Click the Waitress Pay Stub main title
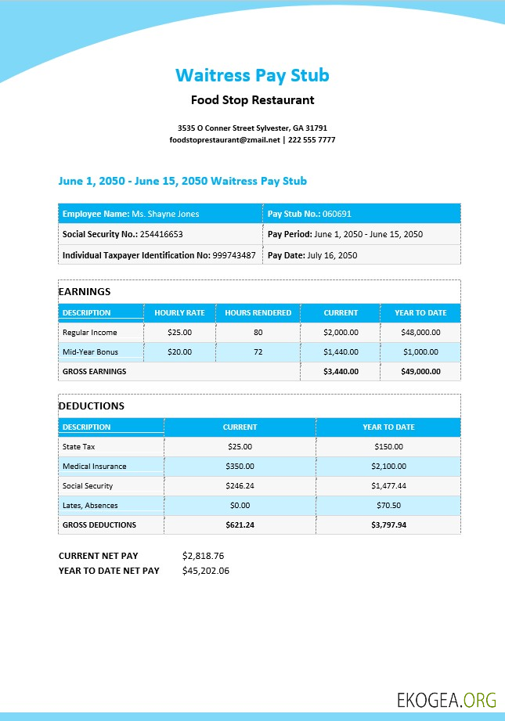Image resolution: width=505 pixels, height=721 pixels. [x=252, y=75]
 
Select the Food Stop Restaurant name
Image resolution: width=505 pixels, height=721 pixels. [x=252, y=100]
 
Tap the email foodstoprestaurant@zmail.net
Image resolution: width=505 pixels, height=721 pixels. [x=225, y=140]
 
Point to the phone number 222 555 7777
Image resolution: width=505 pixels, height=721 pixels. [x=312, y=140]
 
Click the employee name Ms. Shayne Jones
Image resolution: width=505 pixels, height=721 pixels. [x=165, y=214]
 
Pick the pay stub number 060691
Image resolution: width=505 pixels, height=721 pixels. [x=337, y=214]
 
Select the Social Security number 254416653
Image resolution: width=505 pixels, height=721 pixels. [x=162, y=234]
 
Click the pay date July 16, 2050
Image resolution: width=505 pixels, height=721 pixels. [x=332, y=255]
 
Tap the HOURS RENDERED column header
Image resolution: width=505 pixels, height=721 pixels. [x=258, y=313]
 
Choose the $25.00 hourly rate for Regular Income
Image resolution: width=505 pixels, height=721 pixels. [x=179, y=333]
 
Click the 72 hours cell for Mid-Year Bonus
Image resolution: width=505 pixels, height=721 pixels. [x=258, y=352]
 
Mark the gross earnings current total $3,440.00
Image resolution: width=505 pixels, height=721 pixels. [x=341, y=372]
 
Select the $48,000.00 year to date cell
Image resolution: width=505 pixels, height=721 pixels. [x=420, y=333]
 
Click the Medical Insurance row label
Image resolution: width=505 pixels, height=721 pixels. [x=94, y=467]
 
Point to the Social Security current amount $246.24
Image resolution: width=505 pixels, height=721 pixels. [x=240, y=486]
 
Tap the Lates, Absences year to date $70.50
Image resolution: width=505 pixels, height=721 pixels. [x=388, y=506]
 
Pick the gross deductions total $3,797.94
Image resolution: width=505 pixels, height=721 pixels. [x=388, y=525]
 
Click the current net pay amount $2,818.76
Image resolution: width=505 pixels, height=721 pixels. [x=203, y=556]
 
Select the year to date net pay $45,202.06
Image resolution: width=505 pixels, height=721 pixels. [x=205, y=571]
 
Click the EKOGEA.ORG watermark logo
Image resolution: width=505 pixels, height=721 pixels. [x=446, y=699]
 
